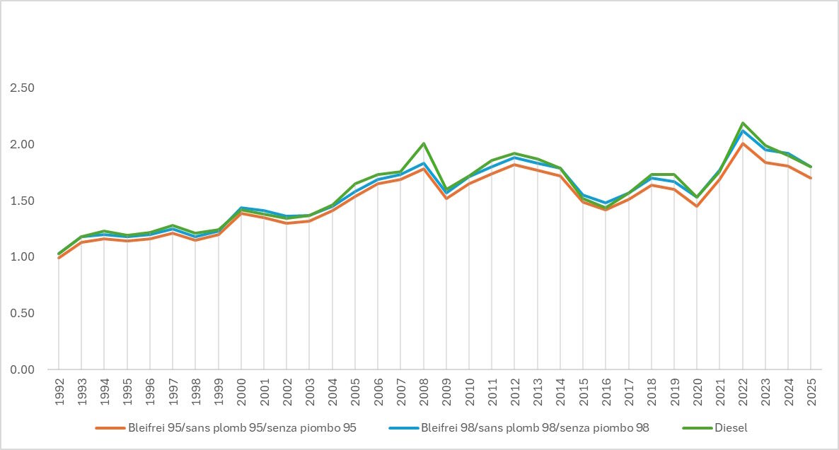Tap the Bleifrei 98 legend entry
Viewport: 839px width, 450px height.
pos(534,427)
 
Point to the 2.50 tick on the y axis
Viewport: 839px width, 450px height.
pos(22,88)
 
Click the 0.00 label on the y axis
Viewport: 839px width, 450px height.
pos(22,369)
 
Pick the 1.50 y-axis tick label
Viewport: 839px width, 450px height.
pos(22,201)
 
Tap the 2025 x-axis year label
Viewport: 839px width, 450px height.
pos(811,389)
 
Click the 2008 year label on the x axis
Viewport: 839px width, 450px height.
pos(423,389)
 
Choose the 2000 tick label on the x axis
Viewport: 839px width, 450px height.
pos(241,389)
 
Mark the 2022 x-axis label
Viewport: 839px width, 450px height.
pos(742,389)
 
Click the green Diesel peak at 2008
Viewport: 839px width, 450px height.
pos(423,143)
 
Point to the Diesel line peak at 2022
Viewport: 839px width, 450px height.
pos(743,123)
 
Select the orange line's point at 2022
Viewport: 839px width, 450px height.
pos(743,143)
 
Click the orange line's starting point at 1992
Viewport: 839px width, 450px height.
pos(59,258)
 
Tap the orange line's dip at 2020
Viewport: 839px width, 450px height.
pos(697,206)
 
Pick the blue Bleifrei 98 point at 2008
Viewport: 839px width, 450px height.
pos(423,163)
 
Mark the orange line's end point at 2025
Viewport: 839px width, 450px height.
pos(811,178)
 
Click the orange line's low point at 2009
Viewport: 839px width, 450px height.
pos(446,199)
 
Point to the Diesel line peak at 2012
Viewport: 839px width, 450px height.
pos(514,153)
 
